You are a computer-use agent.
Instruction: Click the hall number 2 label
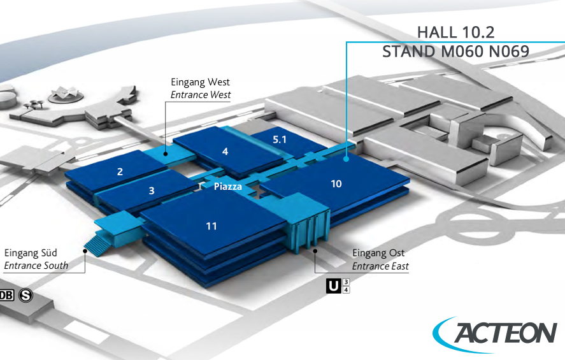tap(119, 171)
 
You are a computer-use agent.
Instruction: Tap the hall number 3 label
tap(151, 191)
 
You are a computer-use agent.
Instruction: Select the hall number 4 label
tap(225, 152)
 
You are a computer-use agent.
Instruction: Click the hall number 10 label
tap(336, 184)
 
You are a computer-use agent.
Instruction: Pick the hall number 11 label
tap(211, 226)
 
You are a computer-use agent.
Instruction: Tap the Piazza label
tap(227, 187)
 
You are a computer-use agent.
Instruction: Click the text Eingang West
tap(200, 82)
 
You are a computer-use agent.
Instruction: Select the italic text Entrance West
tap(200, 95)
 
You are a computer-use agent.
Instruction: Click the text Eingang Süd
tap(35, 253)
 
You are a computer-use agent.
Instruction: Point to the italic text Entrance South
tap(36, 266)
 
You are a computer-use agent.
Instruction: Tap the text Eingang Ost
tap(378, 254)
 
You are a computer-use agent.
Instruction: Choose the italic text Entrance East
tap(380, 266)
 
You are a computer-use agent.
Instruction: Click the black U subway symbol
tap(333, 286)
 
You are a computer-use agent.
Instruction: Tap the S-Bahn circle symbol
tap(26, 295)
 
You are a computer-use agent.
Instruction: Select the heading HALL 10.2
tap(455, 32)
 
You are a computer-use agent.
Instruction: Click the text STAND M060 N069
tap(455, 52)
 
